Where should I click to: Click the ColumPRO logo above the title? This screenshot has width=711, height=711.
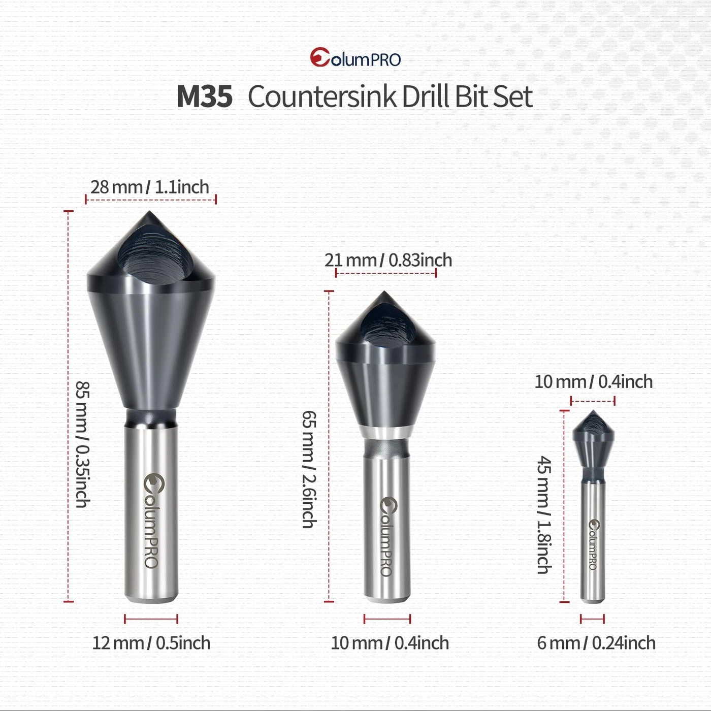(x=355, y=58)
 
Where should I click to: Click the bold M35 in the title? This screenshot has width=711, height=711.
(x=205, y=96)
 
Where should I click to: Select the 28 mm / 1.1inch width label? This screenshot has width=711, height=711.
(x=150, y=187)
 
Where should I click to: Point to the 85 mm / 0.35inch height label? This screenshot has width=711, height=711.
(x=82, y=444)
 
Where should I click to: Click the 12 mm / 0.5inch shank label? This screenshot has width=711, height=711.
(x=151, y=643)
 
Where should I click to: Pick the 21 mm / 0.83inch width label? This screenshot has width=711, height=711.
(x=389, y=260)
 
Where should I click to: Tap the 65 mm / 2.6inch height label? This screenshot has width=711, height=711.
(x=309, y=469)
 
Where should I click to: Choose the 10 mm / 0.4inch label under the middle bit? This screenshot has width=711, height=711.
(x=390, y=643)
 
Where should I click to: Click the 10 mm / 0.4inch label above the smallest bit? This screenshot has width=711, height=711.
(x=594, y=381)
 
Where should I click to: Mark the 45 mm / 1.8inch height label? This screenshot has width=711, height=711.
(x=544, y=515)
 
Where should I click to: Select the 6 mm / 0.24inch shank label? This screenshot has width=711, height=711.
(x=596, y=643)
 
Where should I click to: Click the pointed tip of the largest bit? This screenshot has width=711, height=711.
(x=149, y=213)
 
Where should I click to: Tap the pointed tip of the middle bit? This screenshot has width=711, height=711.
(x=384, y=294)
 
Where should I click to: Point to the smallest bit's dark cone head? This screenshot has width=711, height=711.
(x=593, y=439)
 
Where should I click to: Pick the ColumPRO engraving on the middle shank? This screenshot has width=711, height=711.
(x=387, y=536)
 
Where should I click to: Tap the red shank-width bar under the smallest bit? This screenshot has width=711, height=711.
(x=592, y=619)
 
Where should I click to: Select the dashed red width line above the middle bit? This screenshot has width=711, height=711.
(x=386, y=273)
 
